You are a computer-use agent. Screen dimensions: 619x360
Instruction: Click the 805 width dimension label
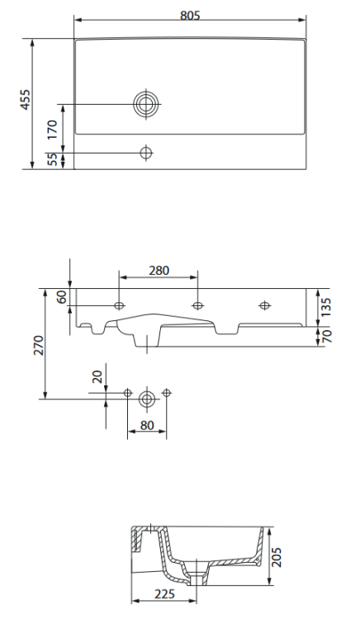(x=189, y=15)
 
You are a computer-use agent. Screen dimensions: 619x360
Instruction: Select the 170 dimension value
(x=52, y=129)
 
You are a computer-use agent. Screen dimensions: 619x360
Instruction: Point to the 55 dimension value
(x=52, y=160)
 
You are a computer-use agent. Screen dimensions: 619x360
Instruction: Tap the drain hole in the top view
(x=147, y=104)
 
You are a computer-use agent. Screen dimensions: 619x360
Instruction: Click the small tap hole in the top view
(x=147, y=153)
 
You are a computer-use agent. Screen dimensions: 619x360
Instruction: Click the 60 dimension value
(x=61, y=297)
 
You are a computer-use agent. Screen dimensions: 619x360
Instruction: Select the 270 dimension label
(x=36, y=345)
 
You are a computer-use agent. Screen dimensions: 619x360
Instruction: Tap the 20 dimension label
(x=97, y=376)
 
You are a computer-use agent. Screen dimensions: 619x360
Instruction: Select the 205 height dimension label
(x=278, y=560)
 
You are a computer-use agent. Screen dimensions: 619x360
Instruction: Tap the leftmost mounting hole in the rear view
(x=120, y=306)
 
